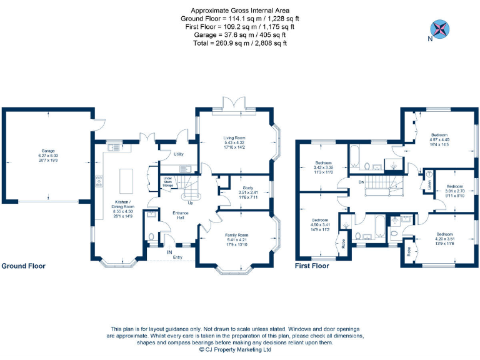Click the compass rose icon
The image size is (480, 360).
pos(441,28)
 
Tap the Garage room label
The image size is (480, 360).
pos(48,151)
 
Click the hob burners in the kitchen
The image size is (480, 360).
pos(99,182)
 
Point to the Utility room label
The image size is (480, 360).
pos(178,154)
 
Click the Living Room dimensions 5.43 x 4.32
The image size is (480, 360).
pos(234,142)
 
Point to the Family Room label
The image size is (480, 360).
pos(236,234)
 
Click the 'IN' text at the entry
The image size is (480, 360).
pos(169,252)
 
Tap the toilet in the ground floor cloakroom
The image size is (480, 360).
pos(152,237)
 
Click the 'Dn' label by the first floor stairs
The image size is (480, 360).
pos(361,182)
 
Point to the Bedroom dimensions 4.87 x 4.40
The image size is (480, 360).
pos(439,139)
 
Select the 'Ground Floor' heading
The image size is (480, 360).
pos(24,266)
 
